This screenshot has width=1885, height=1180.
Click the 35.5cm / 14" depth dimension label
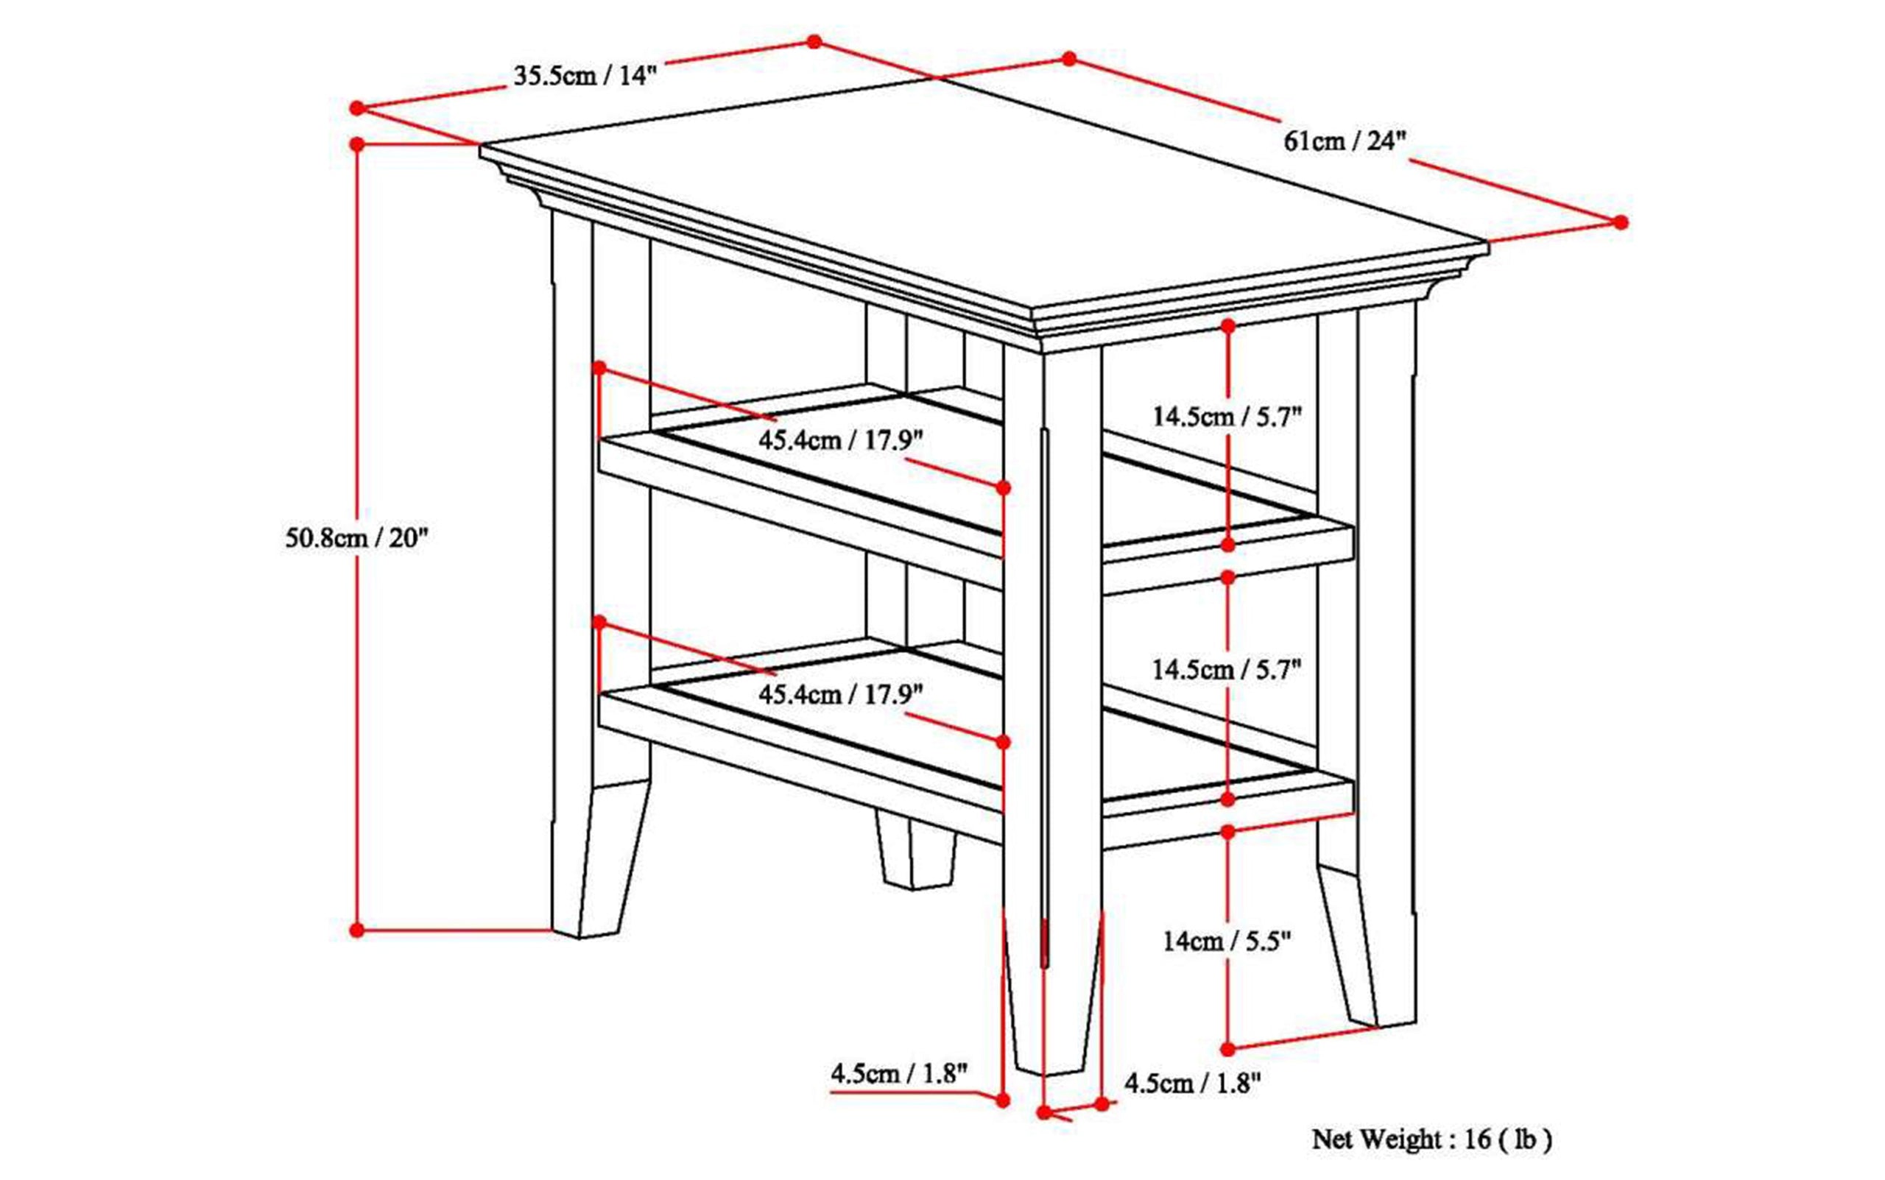585,77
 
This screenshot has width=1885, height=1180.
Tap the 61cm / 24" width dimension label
1344,141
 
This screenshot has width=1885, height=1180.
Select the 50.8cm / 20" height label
356,537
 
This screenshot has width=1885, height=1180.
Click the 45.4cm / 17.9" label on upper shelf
841,440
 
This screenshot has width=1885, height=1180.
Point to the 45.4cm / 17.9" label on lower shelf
841,694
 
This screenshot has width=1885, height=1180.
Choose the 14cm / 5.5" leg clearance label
1227,941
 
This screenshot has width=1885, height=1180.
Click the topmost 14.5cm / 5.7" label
1227,416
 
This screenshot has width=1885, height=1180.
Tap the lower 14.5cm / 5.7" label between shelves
1227,670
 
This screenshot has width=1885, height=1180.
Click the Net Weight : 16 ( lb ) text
1431,1140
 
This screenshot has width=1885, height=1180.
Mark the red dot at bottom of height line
356,930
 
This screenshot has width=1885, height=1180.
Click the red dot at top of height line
356,144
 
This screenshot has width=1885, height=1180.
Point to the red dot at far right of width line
1621,222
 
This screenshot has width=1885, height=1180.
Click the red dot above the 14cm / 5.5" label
1227,832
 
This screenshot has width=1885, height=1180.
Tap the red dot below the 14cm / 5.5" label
1227,1048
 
